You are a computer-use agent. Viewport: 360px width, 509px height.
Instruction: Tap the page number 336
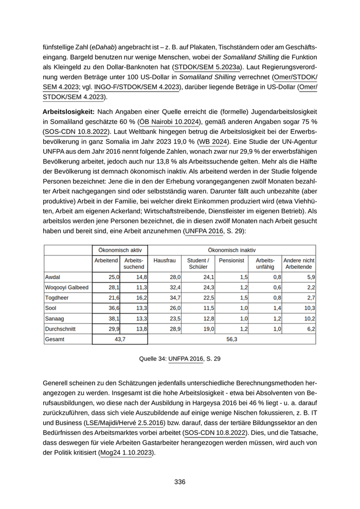pos(179,482)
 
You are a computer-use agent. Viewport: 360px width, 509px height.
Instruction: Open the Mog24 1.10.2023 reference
pos(127,453)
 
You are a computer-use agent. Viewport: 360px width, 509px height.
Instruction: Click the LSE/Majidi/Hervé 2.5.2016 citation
pos(125,423)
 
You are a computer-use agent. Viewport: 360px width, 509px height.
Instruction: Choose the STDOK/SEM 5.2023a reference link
pos(207,67)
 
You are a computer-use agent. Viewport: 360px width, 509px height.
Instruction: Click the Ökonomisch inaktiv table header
pos(231,249)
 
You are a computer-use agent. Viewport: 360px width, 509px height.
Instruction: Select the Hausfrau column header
pos(165,261)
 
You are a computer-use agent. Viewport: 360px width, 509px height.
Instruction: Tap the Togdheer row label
pos(58,298)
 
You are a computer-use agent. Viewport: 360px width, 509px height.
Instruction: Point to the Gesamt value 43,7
pos(119,339)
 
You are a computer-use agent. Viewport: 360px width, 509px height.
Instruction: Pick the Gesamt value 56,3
pos(231,339)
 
